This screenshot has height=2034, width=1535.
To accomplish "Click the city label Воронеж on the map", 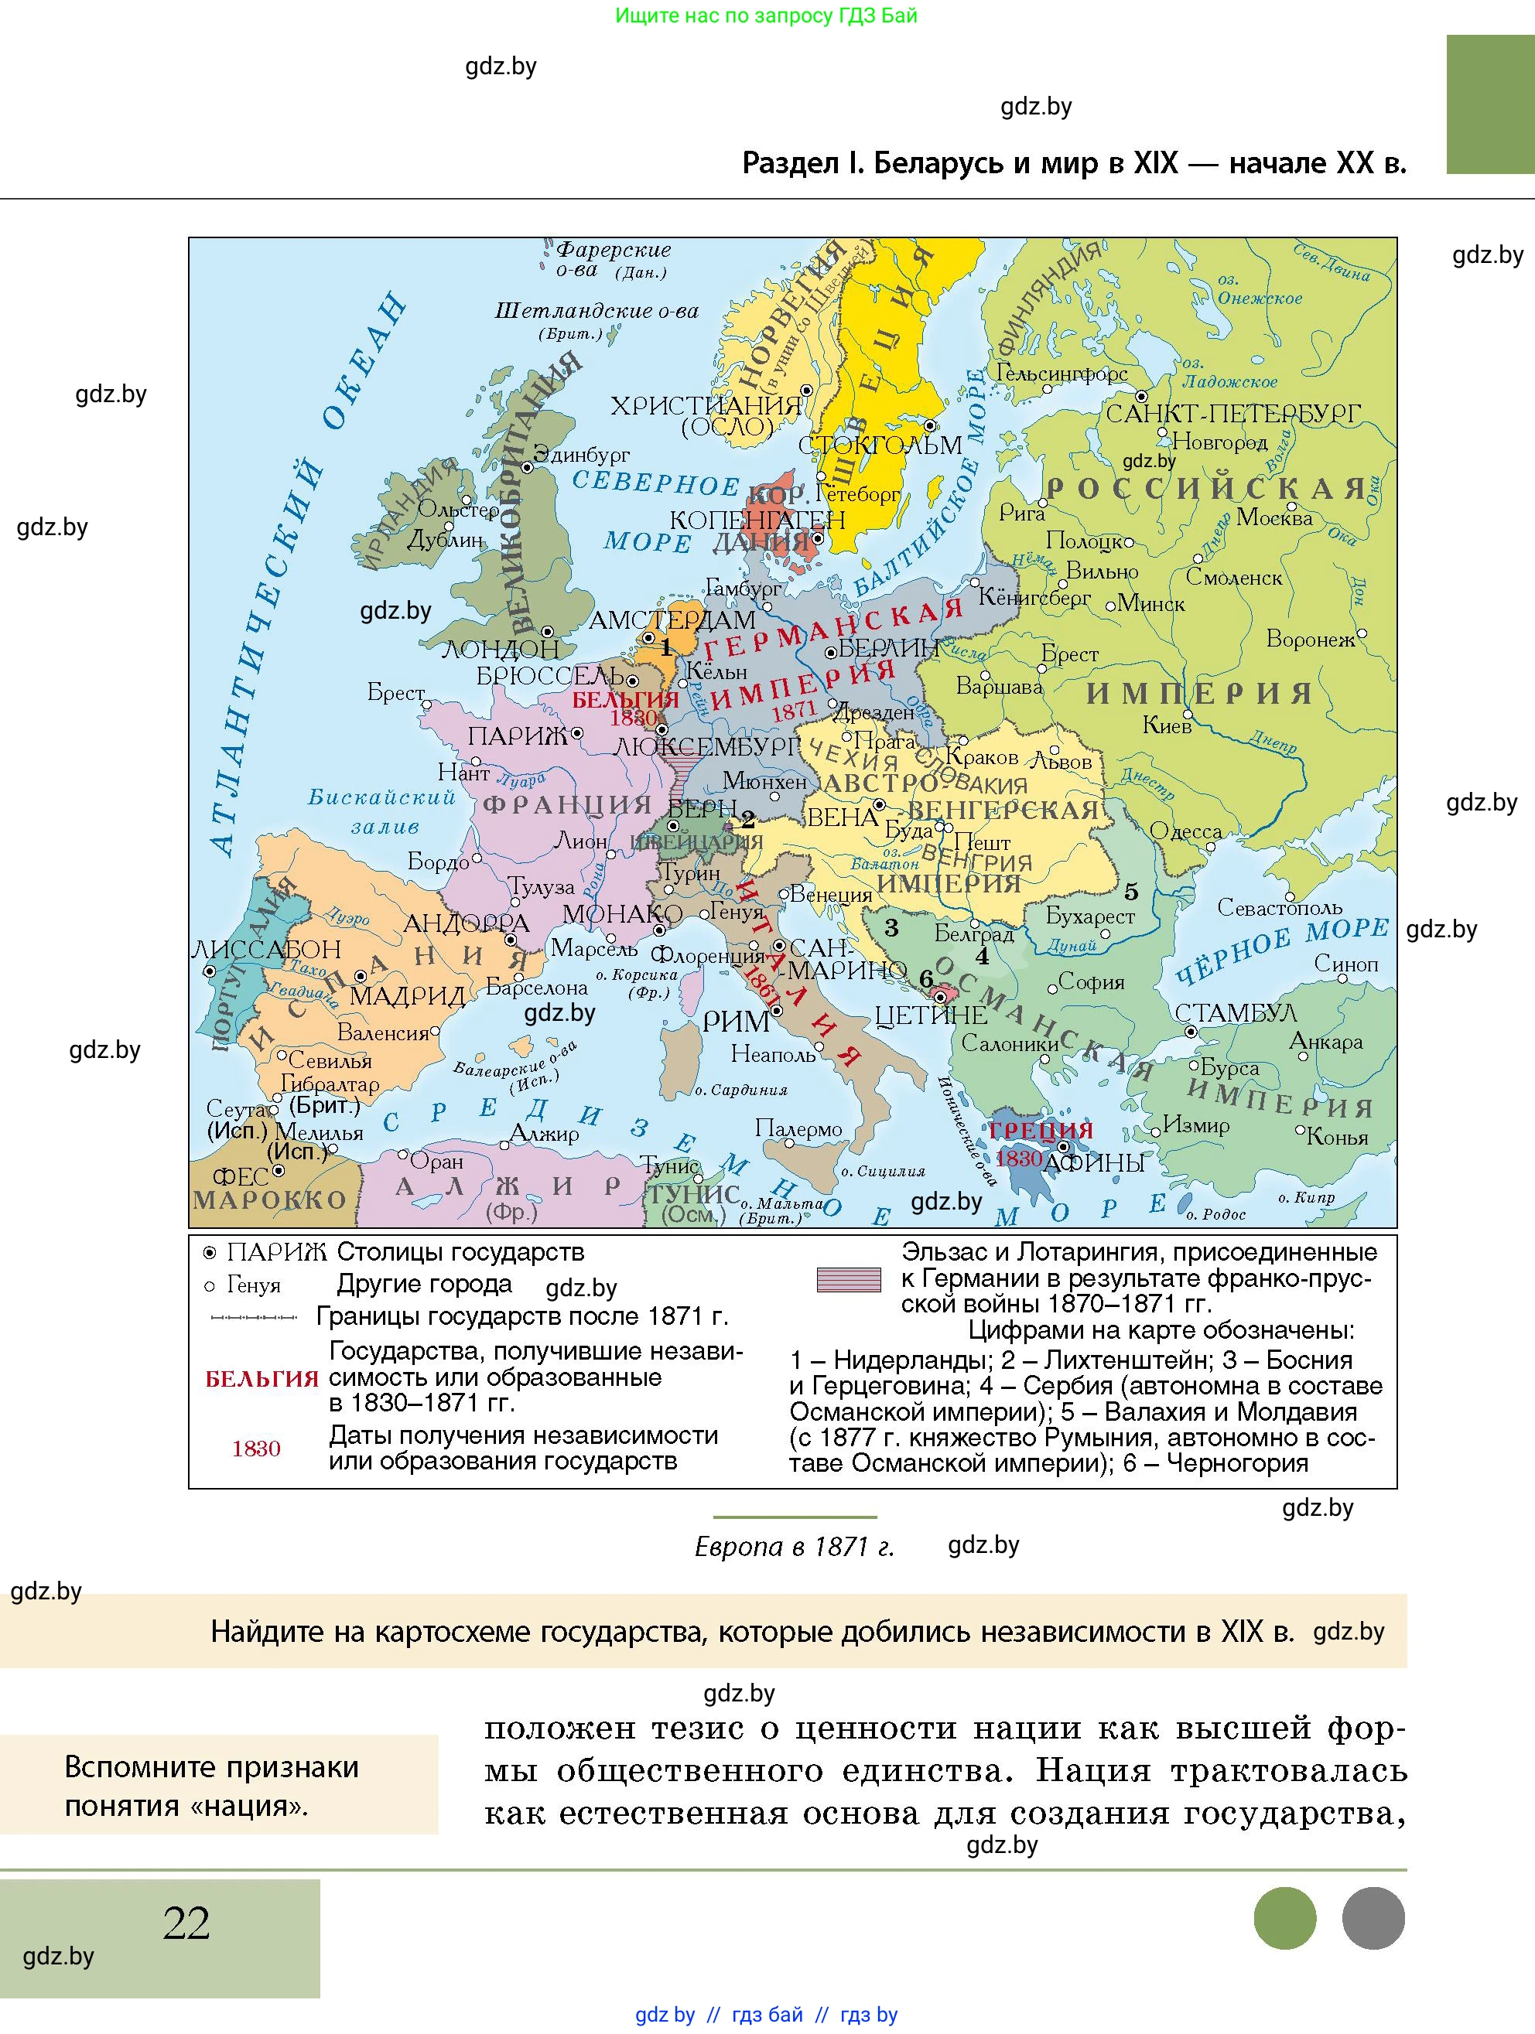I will coord(1310,639).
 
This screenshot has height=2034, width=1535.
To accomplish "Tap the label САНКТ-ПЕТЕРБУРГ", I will coord(1232,414).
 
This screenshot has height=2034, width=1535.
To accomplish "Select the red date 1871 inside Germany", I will coord(794,711).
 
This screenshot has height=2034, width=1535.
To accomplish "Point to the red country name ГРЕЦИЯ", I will coord(1040,1130).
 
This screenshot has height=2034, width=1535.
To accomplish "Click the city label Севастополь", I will coord(1278,908).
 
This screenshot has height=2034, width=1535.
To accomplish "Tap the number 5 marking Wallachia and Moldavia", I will coord(1131,892).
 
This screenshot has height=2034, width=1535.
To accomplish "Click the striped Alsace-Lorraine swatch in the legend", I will coord(848,1280).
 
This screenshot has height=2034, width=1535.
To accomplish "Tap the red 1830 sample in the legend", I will coord(255,1449).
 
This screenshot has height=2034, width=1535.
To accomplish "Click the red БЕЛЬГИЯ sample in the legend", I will coord(262,1379).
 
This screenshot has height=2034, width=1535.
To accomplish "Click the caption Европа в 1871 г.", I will coord(794,1547).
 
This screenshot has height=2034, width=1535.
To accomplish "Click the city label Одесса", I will coord(1185,832).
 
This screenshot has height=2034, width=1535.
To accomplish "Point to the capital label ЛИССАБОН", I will coord(266,949).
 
